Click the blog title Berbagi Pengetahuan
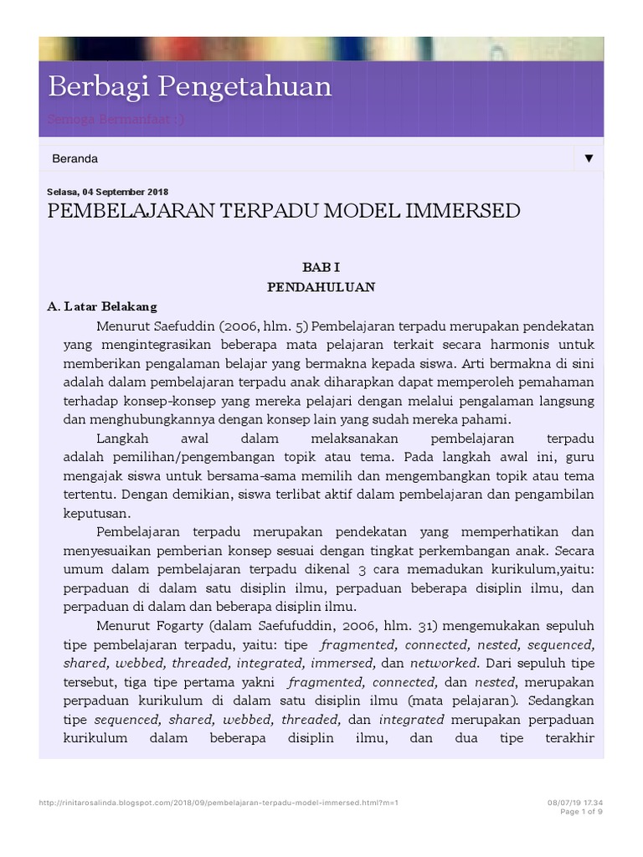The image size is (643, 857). (190, 87)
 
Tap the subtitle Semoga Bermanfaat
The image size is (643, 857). (116, 119)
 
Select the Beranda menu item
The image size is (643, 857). (75, 158)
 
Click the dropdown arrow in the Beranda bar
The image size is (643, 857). (589, 158)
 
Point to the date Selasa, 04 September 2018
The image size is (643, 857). (107, 192)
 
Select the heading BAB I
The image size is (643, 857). (321, 267)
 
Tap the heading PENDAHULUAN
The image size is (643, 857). (321, 287)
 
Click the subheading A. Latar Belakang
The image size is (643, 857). (102, 306)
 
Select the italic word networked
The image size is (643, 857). (444, 664)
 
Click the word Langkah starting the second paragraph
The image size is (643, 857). (121, 439)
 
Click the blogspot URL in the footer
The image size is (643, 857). (219, 803)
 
